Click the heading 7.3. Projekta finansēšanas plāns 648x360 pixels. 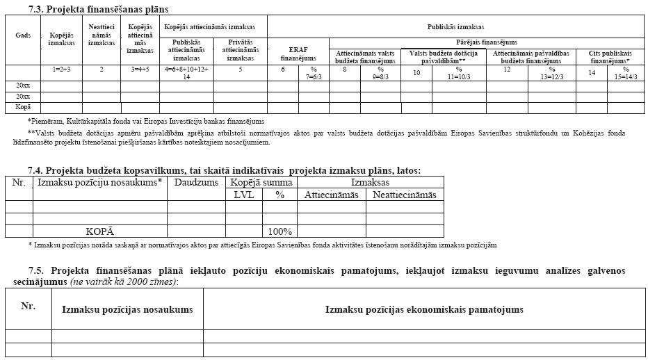[x=99, y=10]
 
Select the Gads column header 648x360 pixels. [x=23, y=35]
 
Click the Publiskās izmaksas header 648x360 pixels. [x=456, y=26]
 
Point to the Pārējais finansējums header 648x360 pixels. [x=487, y=42]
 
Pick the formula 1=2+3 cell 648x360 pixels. [x=62, y=69]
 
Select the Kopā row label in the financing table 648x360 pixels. [x=23, y=107]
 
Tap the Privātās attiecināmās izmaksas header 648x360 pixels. [x=240, y=50]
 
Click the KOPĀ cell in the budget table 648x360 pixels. [x=99, y=231]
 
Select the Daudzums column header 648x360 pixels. [x=195, y=182]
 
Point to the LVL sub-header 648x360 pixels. [x=243, y=195]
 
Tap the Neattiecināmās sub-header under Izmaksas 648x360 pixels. [x=405, y=195]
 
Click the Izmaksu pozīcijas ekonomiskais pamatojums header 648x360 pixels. [x=424, y=309]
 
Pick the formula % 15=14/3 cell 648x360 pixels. [x=626, y=73]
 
